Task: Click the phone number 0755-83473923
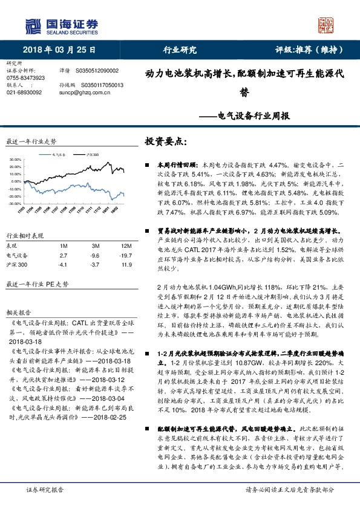click(x=25, y=78)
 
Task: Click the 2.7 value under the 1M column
click(x=63, y=256)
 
